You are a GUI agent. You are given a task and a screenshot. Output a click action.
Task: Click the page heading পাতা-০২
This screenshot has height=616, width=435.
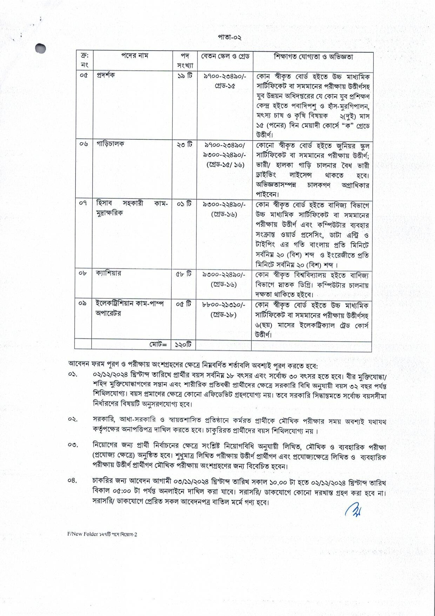(x=229, y=38)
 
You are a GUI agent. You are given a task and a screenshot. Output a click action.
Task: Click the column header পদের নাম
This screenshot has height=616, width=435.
(x=135, y=56)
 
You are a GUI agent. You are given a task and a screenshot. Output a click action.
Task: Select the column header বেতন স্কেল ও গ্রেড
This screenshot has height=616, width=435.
(x=225, y=57)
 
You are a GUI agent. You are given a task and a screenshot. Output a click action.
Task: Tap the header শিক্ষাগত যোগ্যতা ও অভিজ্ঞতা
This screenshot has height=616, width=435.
(x=313, y=57)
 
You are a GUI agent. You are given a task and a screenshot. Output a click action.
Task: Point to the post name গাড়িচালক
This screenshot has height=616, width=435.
(x=110, y=144)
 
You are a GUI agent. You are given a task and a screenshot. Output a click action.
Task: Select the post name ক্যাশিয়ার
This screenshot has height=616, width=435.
(x=108, y=273)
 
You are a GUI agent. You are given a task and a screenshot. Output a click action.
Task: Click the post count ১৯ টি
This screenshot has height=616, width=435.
(x=185, y=75)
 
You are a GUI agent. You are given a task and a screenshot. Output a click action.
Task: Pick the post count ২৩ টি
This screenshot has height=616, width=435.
(x=184, y=144)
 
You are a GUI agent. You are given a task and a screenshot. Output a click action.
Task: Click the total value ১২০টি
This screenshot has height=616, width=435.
(x=183, y=345)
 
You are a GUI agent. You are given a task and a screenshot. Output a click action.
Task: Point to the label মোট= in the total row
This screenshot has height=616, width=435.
(x=158, y=345)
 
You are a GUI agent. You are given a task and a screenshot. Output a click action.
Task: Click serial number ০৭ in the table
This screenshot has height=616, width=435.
(x=83, y=203)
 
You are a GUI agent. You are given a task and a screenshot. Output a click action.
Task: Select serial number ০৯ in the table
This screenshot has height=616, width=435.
(x=83, y=303)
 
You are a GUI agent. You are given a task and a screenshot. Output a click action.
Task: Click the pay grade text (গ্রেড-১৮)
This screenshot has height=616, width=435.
(x=224, y=315)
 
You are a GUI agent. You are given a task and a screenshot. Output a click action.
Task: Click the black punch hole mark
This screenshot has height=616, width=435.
(x=41, y=48)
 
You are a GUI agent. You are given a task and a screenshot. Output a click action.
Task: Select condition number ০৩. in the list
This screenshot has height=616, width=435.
(x=73, y=445)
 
